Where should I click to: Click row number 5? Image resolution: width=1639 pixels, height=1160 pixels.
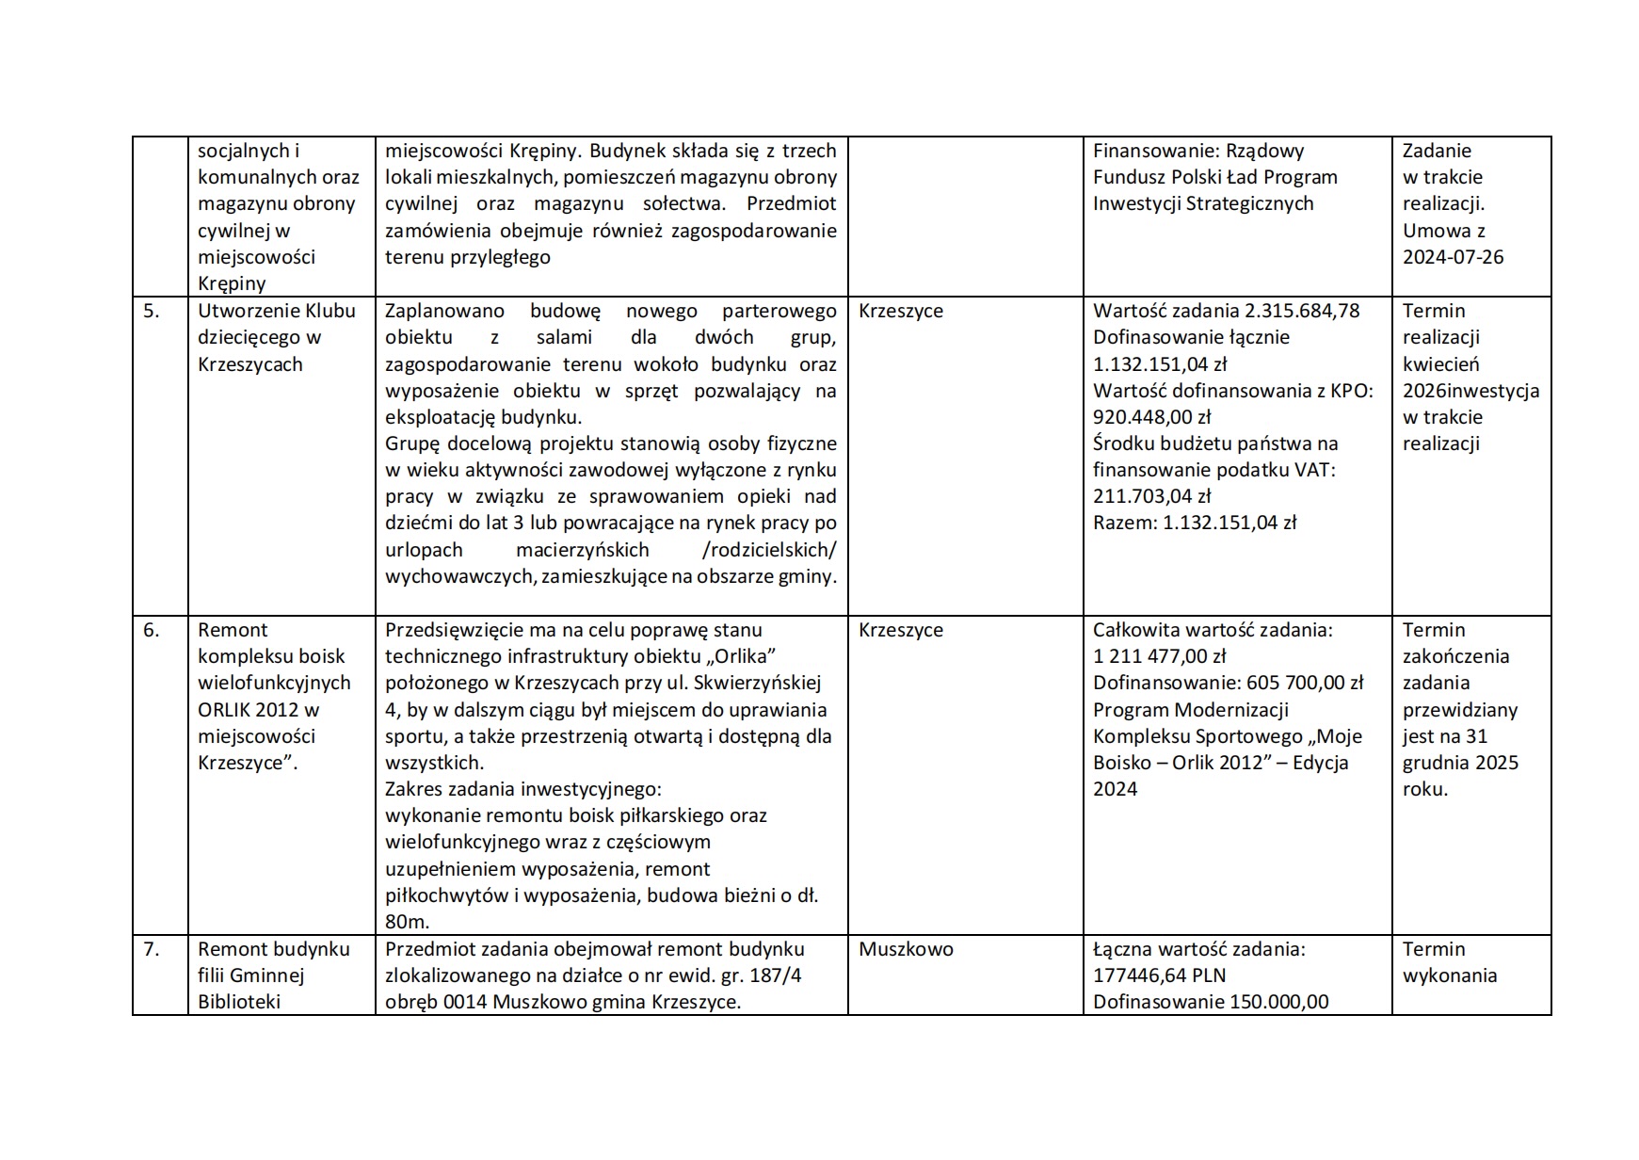pyautogui.click(x=152, y=311)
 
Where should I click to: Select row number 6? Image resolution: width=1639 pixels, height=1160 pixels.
pyautogui.click(x=152, y=630)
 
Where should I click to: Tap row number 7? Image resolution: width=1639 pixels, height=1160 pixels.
pyautogui.click(x=152, y=949)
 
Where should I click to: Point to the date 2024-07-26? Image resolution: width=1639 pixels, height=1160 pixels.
pyautogui.click(x=1453, y=257)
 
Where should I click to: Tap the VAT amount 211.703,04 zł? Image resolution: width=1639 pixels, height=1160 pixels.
pyautogui.click(x=1151, y=496)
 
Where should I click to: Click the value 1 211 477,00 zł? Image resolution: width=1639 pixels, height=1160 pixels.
pyautogui.click(x=1159, y=656)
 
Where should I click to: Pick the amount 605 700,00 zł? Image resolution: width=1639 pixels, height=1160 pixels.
pyautogui.click(x=1305, y=683)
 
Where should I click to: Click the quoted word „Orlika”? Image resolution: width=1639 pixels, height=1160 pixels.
pyautogui.click(x=743, y=656)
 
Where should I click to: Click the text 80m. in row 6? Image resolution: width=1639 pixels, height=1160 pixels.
pyautogui.click(x=407, y=922)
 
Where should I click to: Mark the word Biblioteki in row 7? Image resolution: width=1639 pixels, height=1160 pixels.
pyautogui.click(x=239, y=1002)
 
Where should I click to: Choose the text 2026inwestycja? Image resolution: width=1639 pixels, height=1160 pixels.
pyautogui.click(x=1470, y=391)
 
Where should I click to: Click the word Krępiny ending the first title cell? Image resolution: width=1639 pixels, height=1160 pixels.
pyautogui.click(x=232, y=283)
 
